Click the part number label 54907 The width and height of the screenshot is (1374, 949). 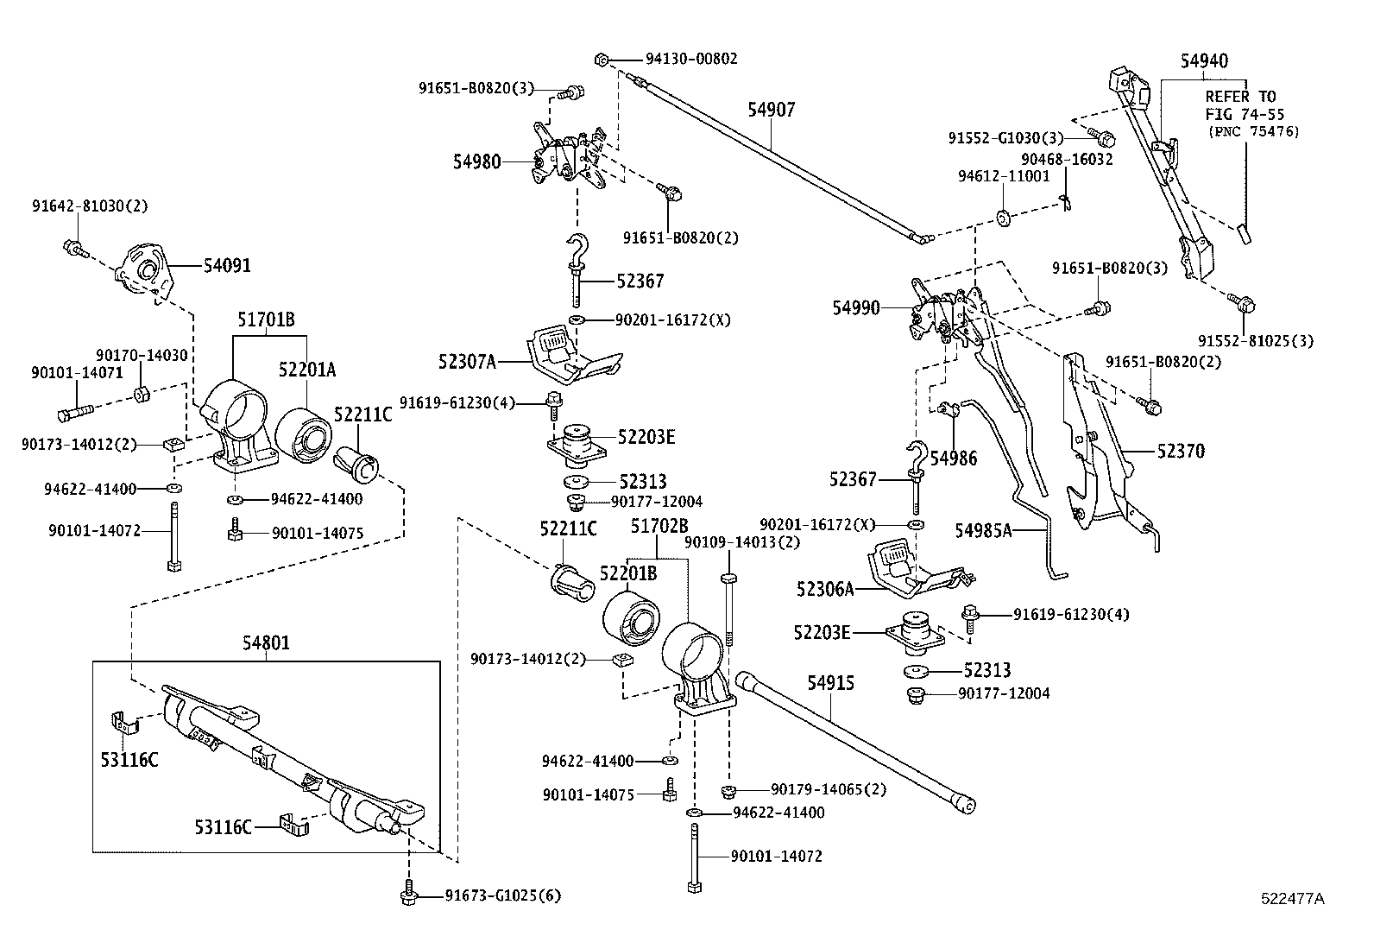(x=771, y=110)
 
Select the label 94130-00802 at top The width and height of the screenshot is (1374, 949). (x=691, y=60)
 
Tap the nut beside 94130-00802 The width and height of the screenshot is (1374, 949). (x=602, y=60)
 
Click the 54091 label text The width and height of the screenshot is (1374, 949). (x=227, y=265)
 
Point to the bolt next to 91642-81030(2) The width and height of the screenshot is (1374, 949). (x=72, y=250)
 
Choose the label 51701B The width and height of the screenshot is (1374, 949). (x=266, y=320)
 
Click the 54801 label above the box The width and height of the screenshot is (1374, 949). (x=266, y=642)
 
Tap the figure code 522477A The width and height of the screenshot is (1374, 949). (x=1292, y=898)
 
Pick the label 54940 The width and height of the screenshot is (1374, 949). (x=1204, y=60)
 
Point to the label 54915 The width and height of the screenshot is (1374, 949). (x=830, y=683)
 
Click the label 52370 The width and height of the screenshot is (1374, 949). (x=1181, y=451)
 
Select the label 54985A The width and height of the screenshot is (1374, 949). (x=983, y=529)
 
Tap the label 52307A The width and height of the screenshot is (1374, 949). (x=467, y=362)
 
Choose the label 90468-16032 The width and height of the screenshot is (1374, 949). (x=1067, y=159)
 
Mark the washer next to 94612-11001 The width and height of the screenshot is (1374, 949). (x=1003, y=216)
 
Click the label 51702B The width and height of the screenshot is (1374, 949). (x=659, y=525)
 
